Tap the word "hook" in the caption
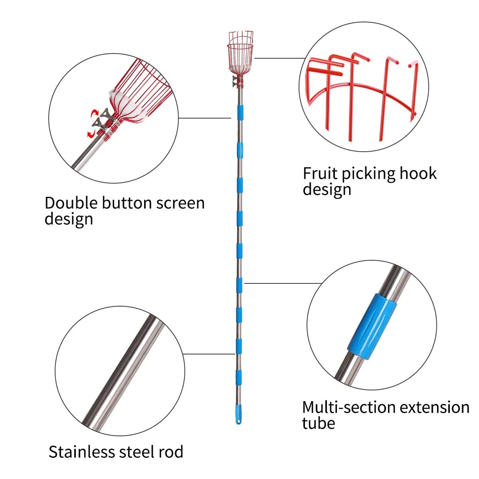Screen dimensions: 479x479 click(x=418, y=173)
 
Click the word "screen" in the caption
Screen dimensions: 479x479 click(x=180, y=204)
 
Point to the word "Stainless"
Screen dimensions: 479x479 click(x=81, y=451)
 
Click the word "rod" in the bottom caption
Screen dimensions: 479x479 click(x=171, y=451)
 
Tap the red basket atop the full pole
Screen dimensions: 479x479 click(x=240, y=53)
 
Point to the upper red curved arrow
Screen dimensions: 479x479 click(x=95, y=114)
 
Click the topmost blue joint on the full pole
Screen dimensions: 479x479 click(x=240, y=113)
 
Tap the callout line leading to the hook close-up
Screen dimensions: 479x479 click(x=280, y=58)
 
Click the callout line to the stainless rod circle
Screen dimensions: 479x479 click(x=209, y=354)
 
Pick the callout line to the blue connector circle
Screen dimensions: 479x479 click(x=283, y=283)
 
